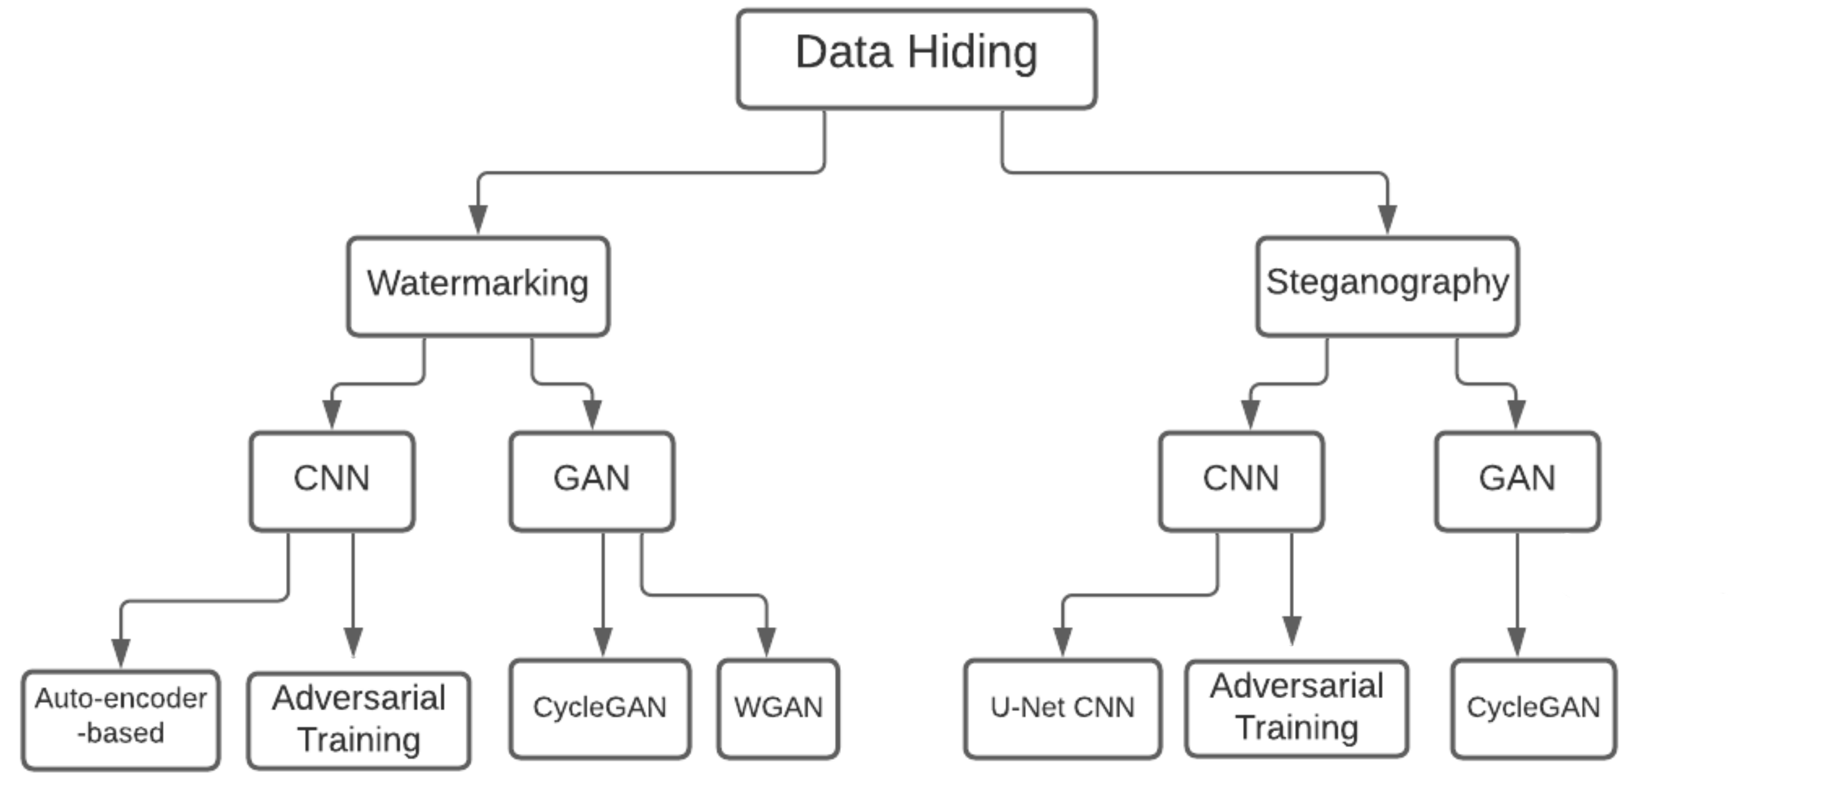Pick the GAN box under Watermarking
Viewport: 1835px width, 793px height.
[591, 480]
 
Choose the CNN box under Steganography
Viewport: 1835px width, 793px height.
[1241, 480]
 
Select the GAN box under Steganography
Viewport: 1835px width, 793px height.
[1517, 480]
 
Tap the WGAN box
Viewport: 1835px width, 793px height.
[778, 708]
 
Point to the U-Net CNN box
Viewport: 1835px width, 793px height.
[1062, 708]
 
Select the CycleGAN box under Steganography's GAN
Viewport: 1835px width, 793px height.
[1533, 708]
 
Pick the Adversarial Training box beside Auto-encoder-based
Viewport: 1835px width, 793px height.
[358, 720]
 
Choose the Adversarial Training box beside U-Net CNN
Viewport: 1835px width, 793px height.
[1296, 708]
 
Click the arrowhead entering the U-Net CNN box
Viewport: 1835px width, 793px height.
[1063, 641]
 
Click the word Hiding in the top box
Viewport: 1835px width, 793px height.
[972, 53]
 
